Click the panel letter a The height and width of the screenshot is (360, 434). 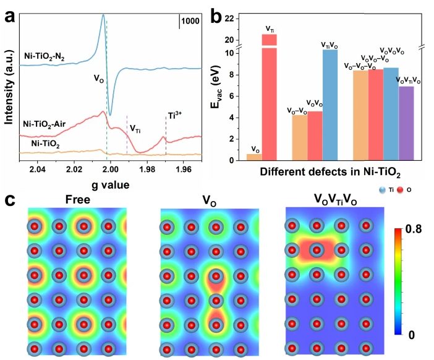tap(10, 15)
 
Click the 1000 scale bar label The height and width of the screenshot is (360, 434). tap(190, 21)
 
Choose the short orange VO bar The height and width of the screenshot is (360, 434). tap(254, 157)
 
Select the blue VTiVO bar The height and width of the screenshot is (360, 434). tap(330, 105)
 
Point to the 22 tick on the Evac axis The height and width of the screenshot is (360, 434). tap(230, 19)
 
